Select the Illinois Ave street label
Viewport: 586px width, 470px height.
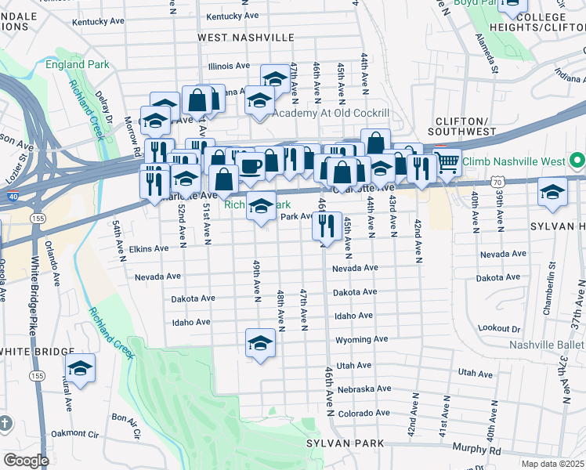[x=229, y=66]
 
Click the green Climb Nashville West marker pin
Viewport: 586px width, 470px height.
[x=578, y=162]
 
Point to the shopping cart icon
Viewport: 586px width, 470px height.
[x=447, y=163]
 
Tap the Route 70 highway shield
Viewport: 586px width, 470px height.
[x=497, y=182]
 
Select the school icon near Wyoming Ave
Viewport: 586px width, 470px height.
[x=260, y=343]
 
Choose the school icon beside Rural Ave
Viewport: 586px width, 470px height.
[x=80, y=368]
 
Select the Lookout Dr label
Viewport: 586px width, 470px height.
[x=498, y=328]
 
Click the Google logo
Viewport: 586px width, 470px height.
[x=26, y=461]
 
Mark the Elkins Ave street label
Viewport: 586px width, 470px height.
[x=149, y=248]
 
